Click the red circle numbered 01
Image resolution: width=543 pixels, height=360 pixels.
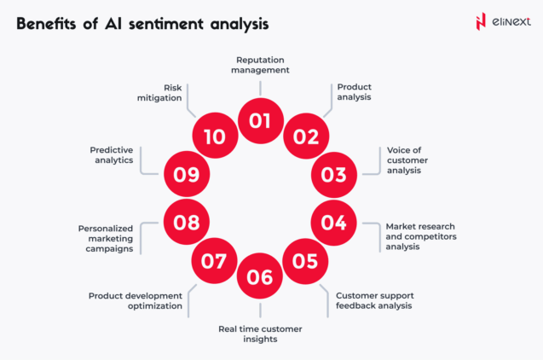click(260, 120)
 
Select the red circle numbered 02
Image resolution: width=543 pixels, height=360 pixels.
click(305, 136)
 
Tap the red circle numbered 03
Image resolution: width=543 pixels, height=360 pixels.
click(334, 175)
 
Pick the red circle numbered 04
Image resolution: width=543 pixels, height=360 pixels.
click(333, 222)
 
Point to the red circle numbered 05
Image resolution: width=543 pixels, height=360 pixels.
click(305, 261)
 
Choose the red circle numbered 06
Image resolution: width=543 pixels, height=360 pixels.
click(260, 276)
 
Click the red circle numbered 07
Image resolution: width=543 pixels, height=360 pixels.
click(214, 261)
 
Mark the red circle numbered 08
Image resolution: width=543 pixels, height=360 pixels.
click(186, 222)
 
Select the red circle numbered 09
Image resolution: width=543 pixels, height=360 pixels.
click(186, 175)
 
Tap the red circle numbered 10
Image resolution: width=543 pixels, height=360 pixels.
click(214, 136)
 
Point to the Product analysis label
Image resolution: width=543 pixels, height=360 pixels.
click(355, 92)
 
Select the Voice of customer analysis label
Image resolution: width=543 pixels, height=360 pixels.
click(405, 160)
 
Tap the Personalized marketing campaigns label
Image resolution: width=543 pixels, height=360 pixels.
click(107, 239)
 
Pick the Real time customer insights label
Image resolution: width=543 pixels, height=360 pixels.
click(260, 334)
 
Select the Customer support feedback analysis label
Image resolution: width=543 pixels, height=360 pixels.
click(374, 300)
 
